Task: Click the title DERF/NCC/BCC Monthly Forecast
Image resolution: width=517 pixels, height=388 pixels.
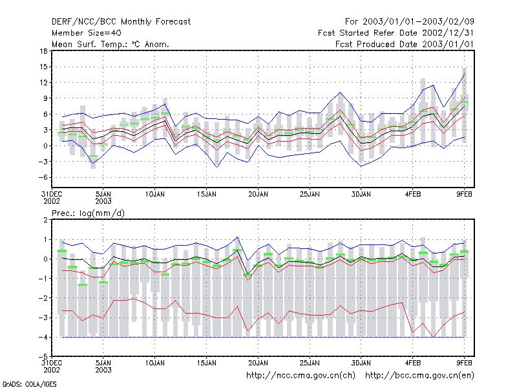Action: pos(121,22)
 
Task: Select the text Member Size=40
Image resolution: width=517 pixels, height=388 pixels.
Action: pos(87,33)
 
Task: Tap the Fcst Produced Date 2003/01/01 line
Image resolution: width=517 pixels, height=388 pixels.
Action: pos(405,44)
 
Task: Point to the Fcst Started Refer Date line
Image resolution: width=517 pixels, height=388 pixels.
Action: pos(396,33)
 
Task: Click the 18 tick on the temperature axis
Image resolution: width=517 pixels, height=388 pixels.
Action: pos(43,51)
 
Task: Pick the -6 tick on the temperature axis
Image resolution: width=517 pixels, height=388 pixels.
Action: pos(43,177)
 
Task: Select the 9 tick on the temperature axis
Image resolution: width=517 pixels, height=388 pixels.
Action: pos(45,98)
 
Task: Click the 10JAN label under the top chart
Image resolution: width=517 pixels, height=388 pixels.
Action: pos(154,195)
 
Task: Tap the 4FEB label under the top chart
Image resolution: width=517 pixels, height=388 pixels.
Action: pos(413,195)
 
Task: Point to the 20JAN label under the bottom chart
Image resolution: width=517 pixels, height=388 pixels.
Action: pos(258,363)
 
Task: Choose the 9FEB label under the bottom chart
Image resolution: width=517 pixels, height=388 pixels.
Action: pos(464,363)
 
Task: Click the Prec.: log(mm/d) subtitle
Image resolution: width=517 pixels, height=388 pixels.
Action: pos(88,213)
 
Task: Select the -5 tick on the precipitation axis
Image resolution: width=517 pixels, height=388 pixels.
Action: pos(43,357)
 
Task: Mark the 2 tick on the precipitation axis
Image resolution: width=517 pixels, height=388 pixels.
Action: pos(45,220)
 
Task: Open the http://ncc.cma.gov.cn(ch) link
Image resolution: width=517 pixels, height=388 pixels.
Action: pos(301,376)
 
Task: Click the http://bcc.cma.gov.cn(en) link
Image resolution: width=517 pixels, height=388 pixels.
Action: pos(419,376)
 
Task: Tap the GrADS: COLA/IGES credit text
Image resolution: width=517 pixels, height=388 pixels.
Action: pos(29,384)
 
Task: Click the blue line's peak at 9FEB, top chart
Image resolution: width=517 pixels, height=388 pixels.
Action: pos(464,74)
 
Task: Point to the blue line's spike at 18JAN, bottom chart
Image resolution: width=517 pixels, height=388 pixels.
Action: pos(237,237)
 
